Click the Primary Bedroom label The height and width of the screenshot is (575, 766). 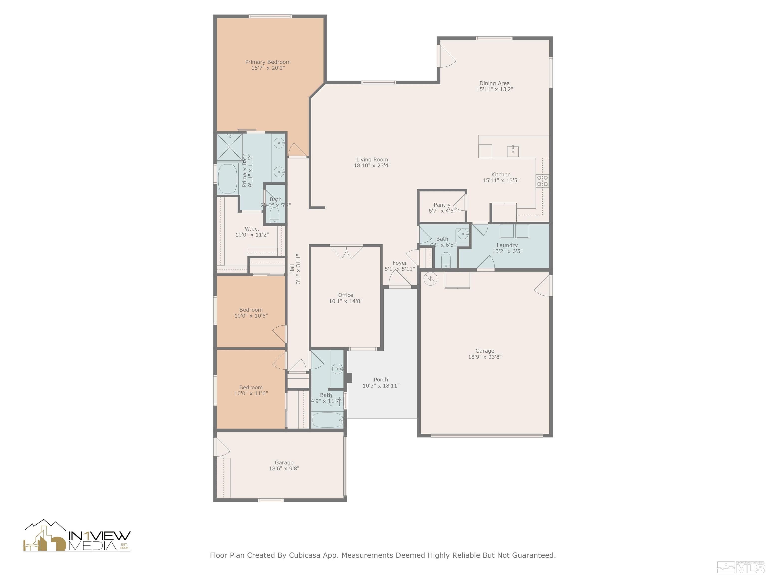coord(268,62)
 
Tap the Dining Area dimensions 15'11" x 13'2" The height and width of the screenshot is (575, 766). coord(494,89)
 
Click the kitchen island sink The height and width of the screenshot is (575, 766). coord(513,151)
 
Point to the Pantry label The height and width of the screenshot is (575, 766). coord(442,205)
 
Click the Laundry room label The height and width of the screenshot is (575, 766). coord(507,245)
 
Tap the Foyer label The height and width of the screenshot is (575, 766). coord(400,263)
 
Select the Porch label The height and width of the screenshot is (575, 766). coord(381,380)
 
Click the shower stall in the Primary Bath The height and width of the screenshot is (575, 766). coord(229,147)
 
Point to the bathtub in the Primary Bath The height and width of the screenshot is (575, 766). coord(227,179)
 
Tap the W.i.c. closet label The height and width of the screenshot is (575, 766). coord(252,229)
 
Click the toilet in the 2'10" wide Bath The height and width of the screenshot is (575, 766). coord(274,215)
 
